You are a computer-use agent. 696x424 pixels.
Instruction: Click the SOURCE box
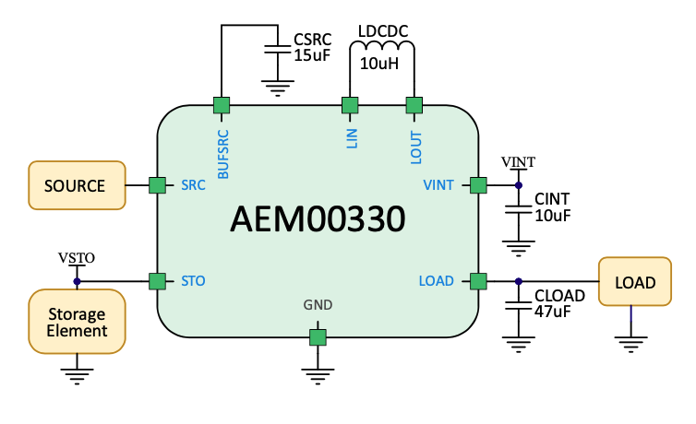click(x=76, y=185)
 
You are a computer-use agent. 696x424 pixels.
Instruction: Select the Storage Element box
click(x=77, y=321)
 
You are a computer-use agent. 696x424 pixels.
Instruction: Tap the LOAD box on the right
click(x=636, y=282)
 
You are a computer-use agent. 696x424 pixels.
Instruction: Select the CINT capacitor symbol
click(x=519, y=210)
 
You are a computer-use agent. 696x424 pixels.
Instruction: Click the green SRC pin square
click(x=157, y=185)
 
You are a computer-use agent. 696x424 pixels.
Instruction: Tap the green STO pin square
click(x=157, y=280)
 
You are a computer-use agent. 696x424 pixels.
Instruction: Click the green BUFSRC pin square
click(x=222, y=104)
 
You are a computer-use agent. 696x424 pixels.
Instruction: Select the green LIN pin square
click(x=350, y=104)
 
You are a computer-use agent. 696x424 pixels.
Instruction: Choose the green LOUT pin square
click(x=414, y=104)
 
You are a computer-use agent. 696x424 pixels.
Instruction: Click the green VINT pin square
click(x=478, y=185)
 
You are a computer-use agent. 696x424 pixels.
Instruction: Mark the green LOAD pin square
click(x=478, y=280)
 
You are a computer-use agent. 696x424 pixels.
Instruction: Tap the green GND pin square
click(x=318, y=337)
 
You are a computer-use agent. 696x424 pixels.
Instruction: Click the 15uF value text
click(x=312, y=55)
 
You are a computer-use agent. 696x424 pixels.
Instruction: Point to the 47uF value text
click(x=553, y=313)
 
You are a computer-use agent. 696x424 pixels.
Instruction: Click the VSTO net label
click(x=77, y=257)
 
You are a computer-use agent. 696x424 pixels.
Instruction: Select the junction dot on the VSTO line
click(x=77, y=280)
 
